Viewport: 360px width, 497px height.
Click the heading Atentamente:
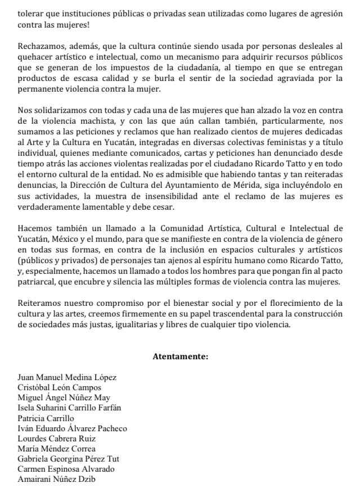click(180, 356)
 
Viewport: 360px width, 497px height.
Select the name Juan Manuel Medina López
click(67, 377)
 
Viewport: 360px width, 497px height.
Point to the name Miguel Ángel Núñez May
click(65, 397)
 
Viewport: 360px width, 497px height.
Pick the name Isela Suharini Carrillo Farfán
click(70, 408)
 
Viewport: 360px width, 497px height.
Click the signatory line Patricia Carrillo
click(46, 418)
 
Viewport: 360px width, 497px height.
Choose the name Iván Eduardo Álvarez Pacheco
click(73, 428)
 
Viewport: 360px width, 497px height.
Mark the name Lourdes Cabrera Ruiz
click(57, 439)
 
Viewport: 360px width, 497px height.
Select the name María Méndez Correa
click(57, 449)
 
